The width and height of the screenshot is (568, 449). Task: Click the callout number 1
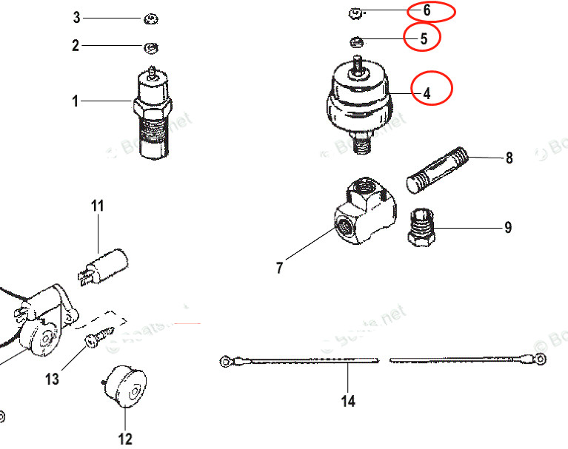tap(75, 101)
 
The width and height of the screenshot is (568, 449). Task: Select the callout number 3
tap(76, 17)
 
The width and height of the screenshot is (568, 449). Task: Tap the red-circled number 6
tap(427, 11)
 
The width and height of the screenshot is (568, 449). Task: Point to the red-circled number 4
tap(427, 94)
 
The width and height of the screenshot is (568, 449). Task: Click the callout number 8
tap(509, 158)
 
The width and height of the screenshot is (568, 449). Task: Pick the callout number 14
tap(348, 401)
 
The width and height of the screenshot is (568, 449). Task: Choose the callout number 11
tap(98, 206)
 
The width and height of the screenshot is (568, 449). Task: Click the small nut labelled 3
tap(149, 17)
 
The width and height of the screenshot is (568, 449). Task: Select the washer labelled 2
tap(150, 47)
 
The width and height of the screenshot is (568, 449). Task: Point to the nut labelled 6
tap(355, 12)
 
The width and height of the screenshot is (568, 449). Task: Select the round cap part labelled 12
tap(127, 385)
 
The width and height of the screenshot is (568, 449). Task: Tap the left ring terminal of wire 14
tap(225, 362)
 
